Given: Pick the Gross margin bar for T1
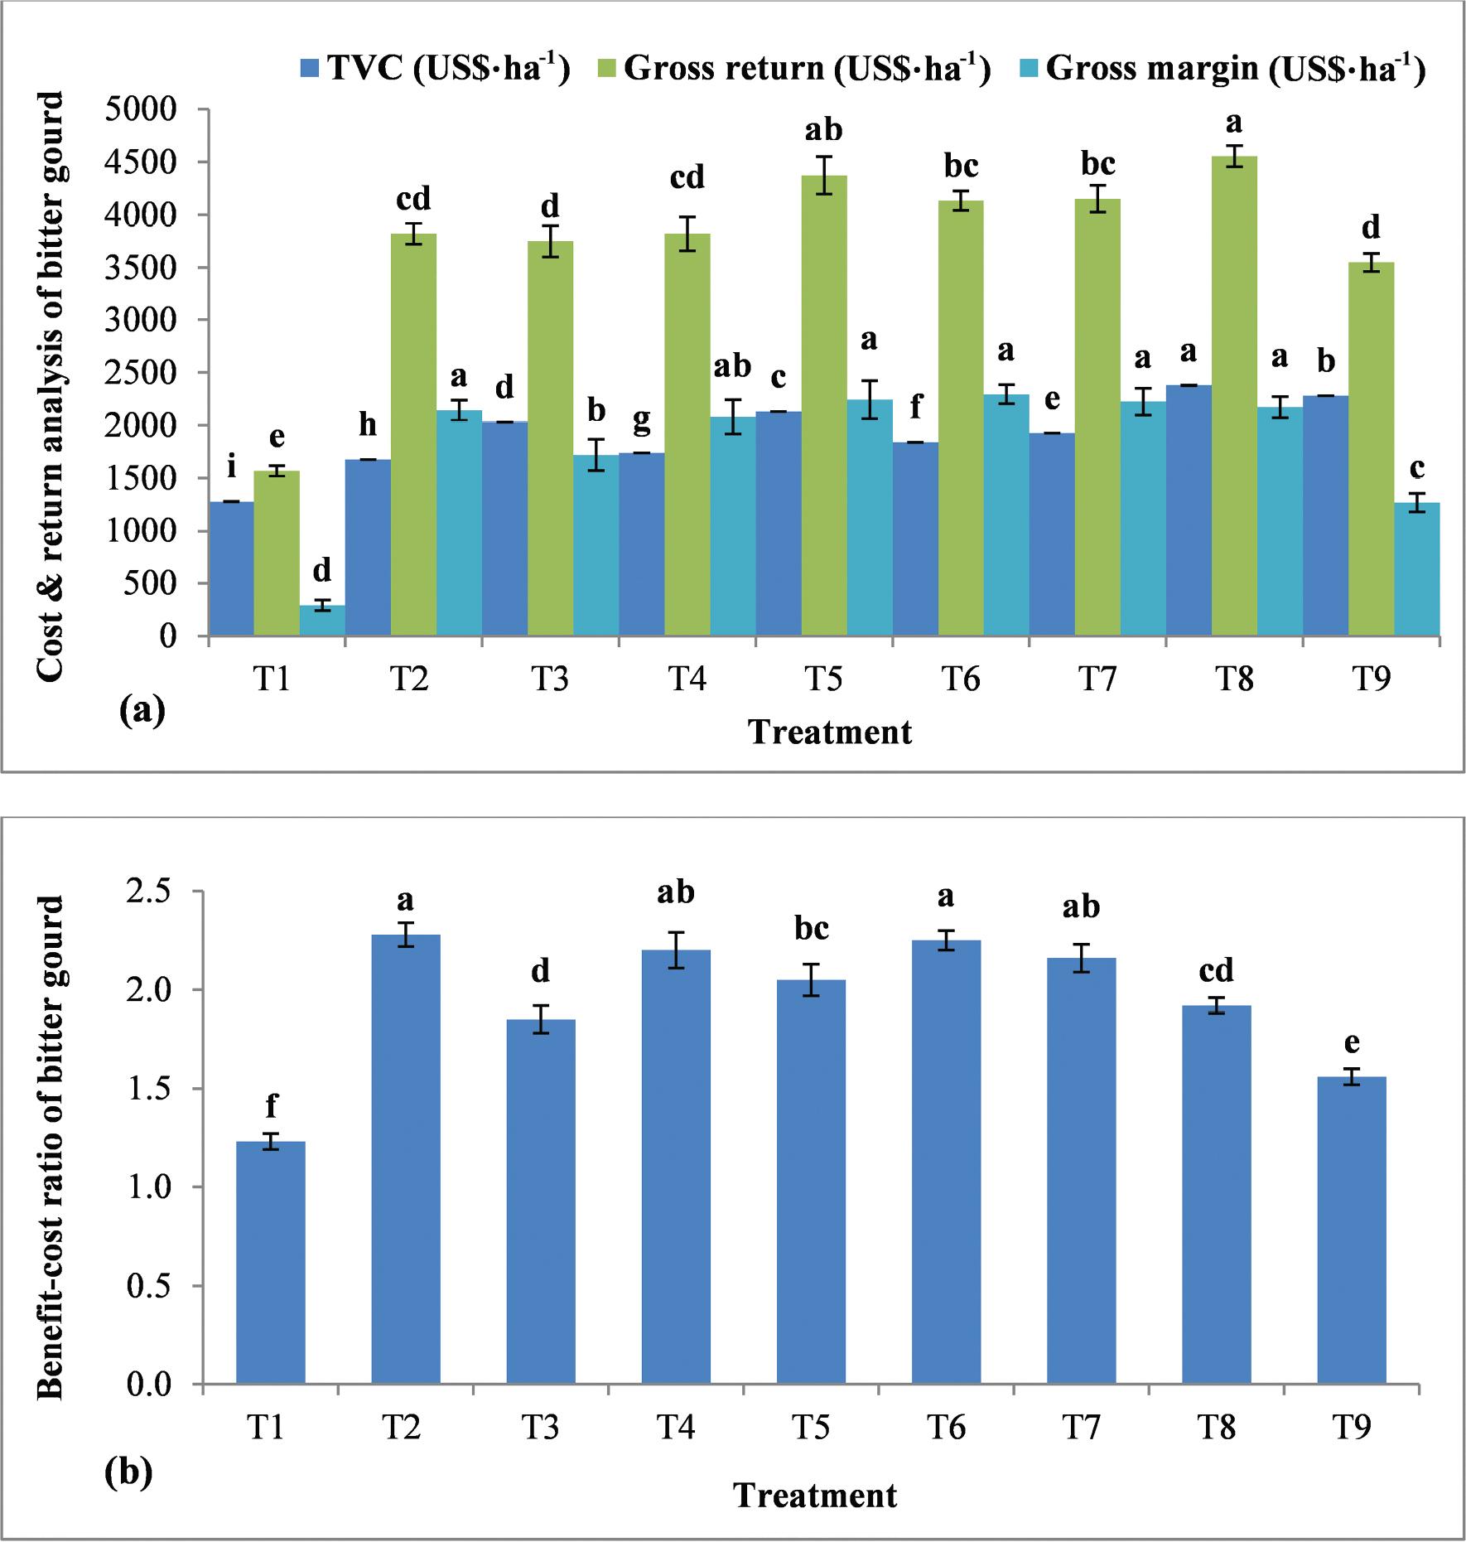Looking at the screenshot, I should point(322,621).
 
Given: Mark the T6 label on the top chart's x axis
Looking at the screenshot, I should point(960,679).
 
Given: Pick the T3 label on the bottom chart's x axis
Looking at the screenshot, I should point(540,1427).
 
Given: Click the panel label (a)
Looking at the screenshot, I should point(142,710).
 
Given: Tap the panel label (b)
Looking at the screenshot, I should point(129,1472).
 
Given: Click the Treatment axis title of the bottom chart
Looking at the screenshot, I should point(815,1496).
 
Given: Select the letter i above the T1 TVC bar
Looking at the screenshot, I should point(232,467).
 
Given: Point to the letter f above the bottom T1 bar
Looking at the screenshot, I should point(271,1106).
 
